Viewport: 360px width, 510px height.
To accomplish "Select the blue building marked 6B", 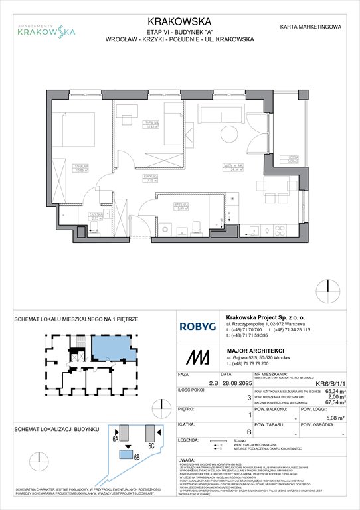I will coord(125,454).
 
